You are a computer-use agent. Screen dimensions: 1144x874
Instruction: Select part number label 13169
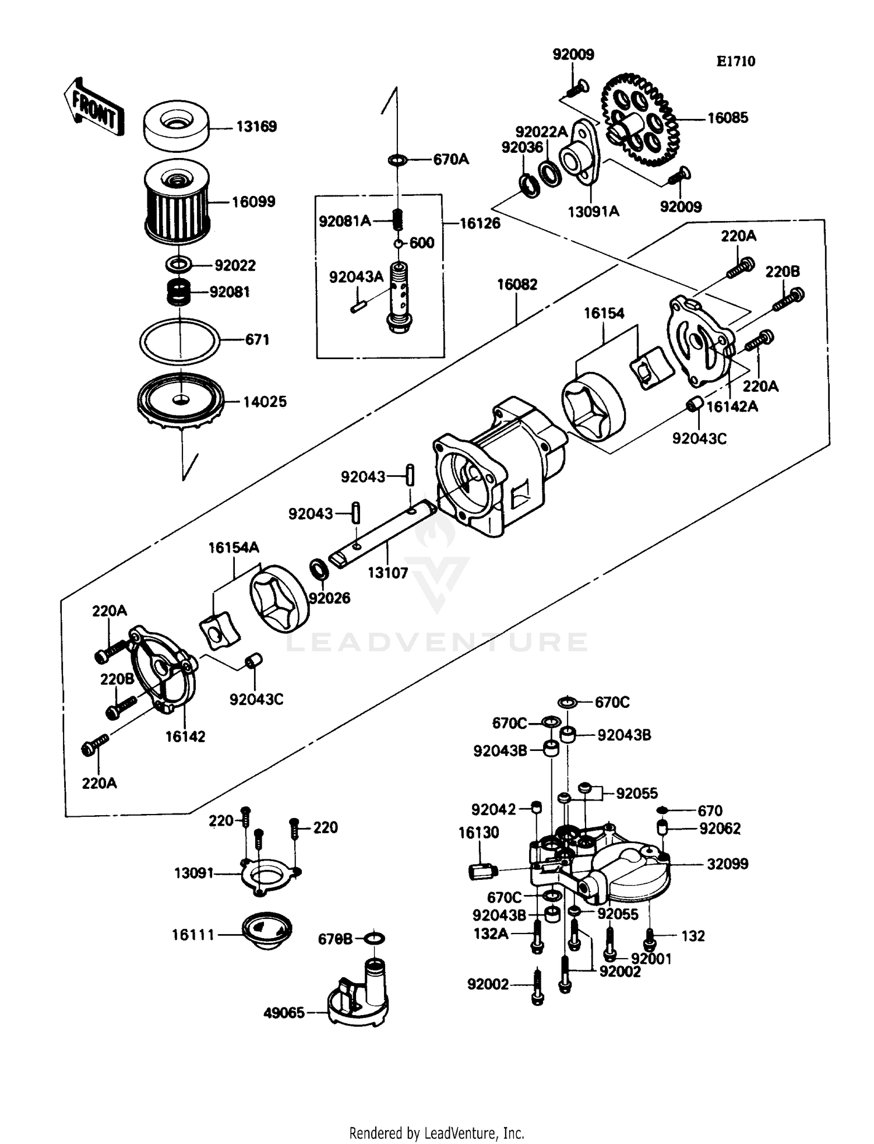click(256, 127)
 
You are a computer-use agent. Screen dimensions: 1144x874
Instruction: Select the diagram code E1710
click(735, 61)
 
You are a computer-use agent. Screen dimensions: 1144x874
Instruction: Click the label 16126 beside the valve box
click(480, 223)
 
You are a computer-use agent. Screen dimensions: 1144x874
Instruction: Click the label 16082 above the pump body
click(517, 285)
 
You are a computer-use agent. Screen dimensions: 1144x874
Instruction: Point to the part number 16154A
click(234, 548)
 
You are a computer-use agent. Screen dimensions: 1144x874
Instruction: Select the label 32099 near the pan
click(727, 864)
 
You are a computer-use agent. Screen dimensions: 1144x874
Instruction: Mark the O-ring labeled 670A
click(398, 159)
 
